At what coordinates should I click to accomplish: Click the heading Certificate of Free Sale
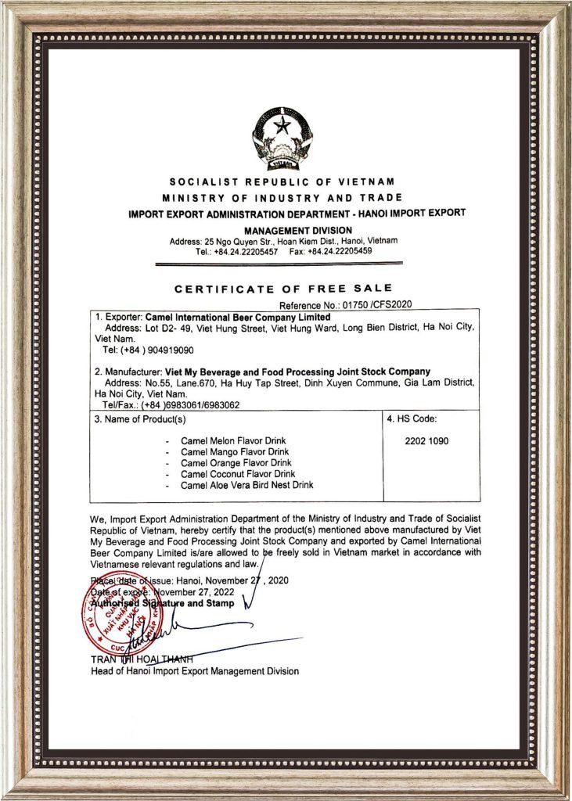pyautogui.click(x=283, y=289)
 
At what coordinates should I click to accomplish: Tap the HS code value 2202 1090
pyautogui.click(x=426, y=441)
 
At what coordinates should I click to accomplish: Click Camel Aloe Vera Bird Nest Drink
pyautogui.click(x=246, y=485)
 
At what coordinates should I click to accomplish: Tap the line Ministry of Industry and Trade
pyautogui.click(x=282, y=197)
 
